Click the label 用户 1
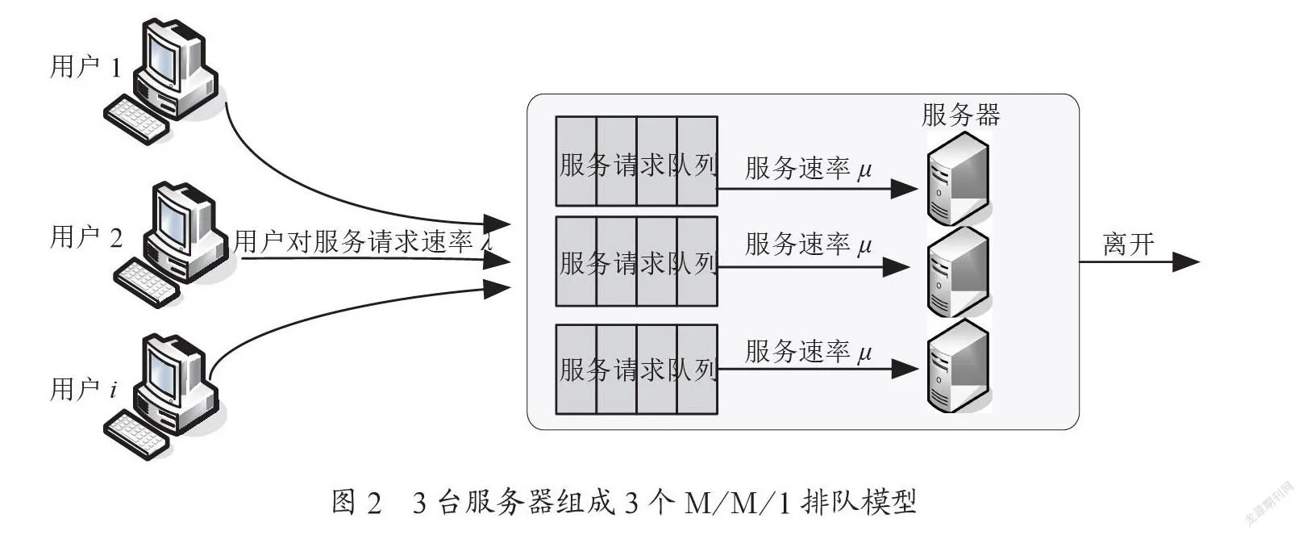[x=85, y=66]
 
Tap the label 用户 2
[x=86, y=237]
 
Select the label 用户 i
[x=84, y=388]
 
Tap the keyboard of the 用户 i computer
[x=137, y=434]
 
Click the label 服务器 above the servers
[x=961, y=115]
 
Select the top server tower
[x=958, y=178]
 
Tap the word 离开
[x=1129, y=244]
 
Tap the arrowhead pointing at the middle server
[x=897, y=267]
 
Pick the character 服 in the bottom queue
[x=572, y=370]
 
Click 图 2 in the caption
[x=356, y=503]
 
